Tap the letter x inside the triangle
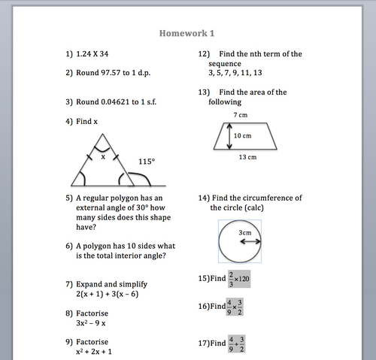[x=103, y=157]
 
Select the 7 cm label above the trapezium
[x=240, y=115]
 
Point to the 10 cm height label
[x=241, y=136]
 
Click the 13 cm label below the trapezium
[x=247, y=157]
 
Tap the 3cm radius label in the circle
[x=245, y=233]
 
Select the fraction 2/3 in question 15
[x=231, y=278]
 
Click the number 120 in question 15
[x=247, y=278]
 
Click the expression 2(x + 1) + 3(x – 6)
[x=108, y=294]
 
